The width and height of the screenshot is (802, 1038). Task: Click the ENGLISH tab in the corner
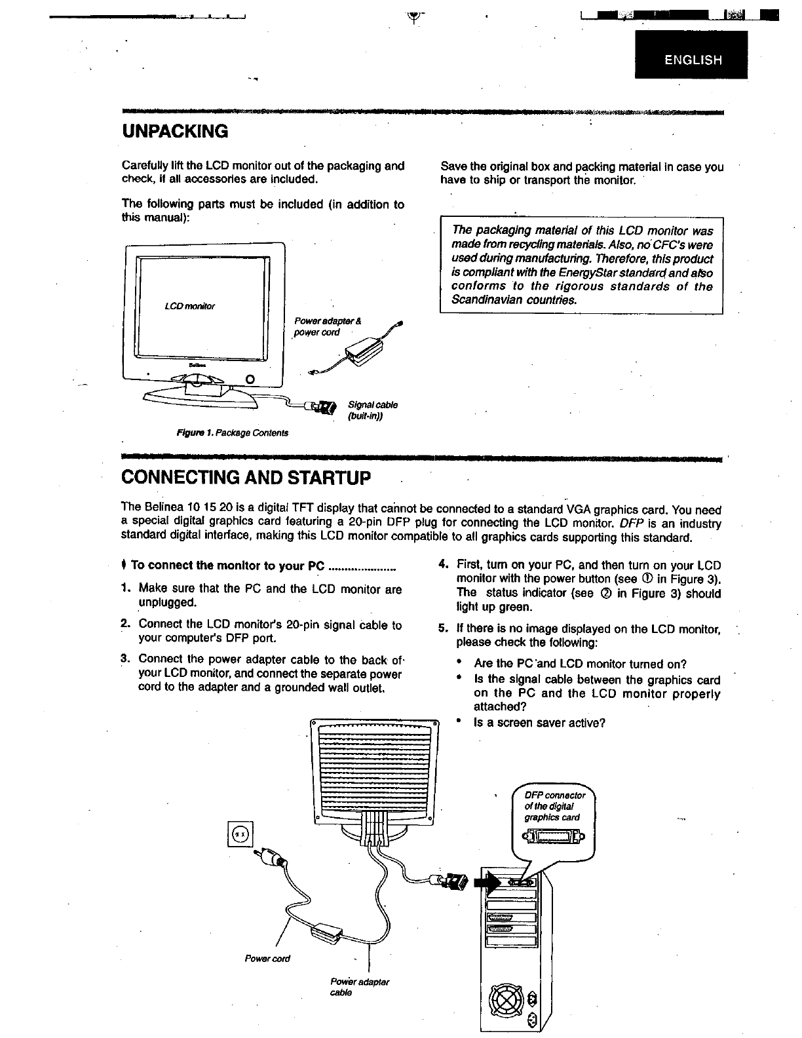pos(693,60)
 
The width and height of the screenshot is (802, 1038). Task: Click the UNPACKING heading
pos(175,131)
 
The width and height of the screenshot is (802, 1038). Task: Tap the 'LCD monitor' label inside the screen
pos(190,306)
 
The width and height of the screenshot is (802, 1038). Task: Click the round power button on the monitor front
pos(249,379)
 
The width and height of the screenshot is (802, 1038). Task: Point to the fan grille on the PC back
pos(507,999)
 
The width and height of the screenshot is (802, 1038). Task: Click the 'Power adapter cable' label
pos(359,987)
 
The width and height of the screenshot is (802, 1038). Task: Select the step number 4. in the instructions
pos(443,564)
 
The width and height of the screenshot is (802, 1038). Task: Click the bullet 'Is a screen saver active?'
pos(539,723)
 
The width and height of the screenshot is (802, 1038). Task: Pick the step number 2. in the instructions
pos(126,625)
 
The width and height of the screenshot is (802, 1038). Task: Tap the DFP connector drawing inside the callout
pos(554,838)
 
